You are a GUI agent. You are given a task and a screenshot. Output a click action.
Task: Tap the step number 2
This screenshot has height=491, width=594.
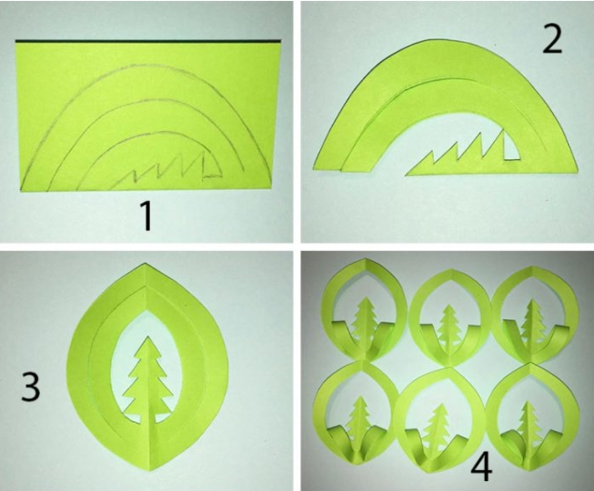552,38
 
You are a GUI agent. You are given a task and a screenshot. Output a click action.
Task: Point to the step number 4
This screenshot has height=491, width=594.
481,467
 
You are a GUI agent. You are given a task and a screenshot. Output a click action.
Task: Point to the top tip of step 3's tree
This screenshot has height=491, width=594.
146,336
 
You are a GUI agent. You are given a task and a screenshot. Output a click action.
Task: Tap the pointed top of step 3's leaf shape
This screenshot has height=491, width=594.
146,263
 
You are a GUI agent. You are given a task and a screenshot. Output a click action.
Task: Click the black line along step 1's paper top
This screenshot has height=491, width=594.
148,41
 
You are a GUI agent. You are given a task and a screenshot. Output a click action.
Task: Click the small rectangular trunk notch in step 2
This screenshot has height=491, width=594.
511,147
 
